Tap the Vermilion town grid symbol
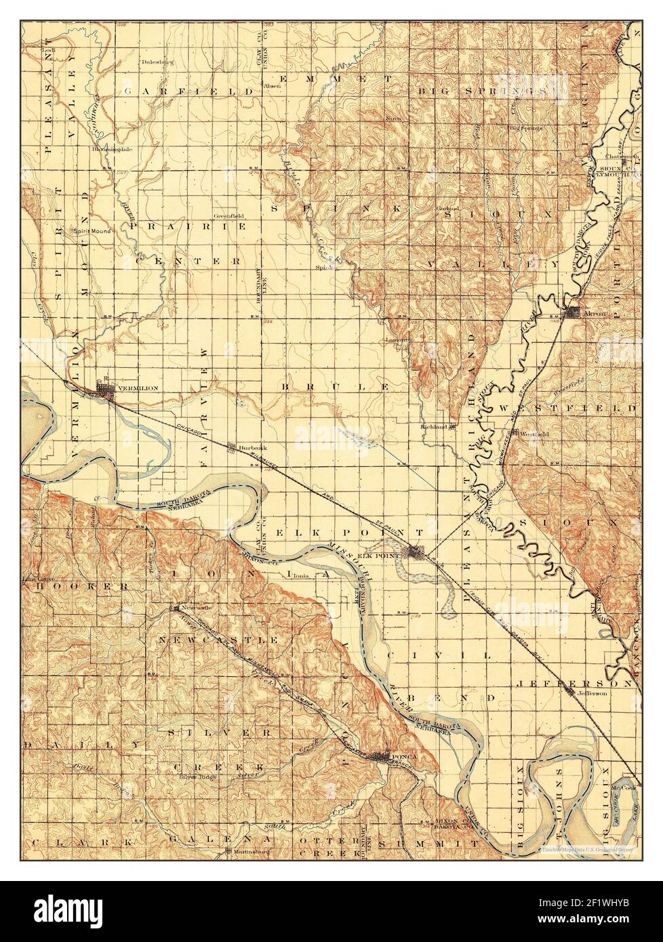tap(106, 390)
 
